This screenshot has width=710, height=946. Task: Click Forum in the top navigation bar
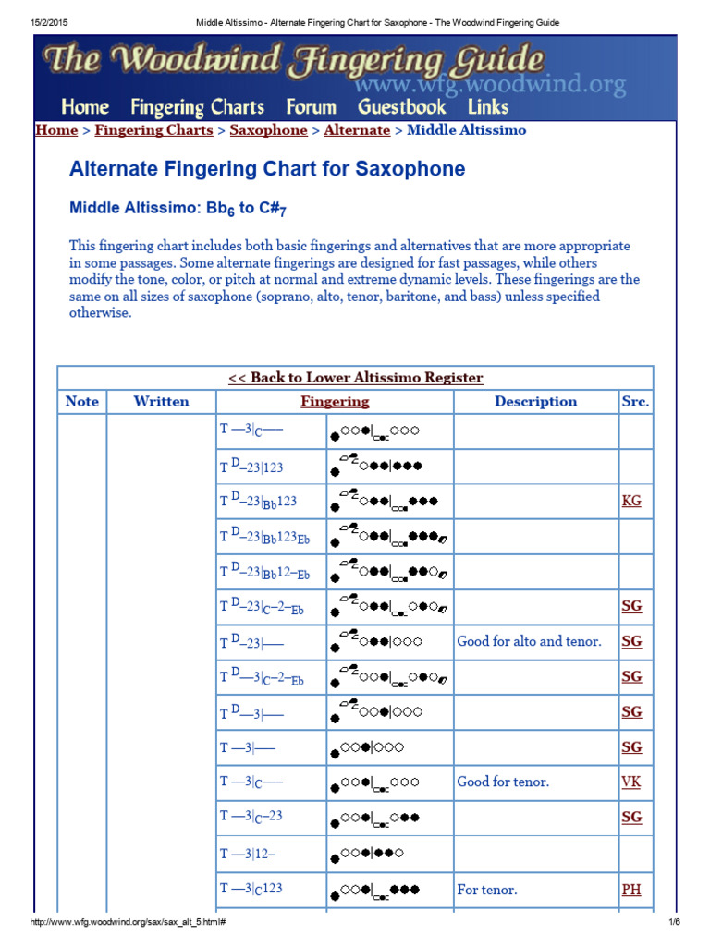311,107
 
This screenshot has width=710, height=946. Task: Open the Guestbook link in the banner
401,107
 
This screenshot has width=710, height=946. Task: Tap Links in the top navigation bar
488,107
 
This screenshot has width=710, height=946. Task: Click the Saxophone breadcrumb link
268,130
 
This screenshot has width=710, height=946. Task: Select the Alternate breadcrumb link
357,130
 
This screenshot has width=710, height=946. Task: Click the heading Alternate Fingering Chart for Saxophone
267,170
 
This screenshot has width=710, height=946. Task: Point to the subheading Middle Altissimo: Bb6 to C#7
177,209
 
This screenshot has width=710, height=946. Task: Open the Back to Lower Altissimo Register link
355,378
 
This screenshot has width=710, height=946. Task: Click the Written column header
161,402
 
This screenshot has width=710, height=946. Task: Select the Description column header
535,402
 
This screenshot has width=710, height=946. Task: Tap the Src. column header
635,402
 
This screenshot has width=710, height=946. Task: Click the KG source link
631,502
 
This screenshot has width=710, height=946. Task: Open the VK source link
631,782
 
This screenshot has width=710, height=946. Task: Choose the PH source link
631,890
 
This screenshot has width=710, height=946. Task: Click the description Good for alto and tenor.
529,642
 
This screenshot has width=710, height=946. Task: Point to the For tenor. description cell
487,890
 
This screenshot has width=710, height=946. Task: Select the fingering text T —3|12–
247,854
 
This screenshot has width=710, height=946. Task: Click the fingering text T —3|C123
251,889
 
